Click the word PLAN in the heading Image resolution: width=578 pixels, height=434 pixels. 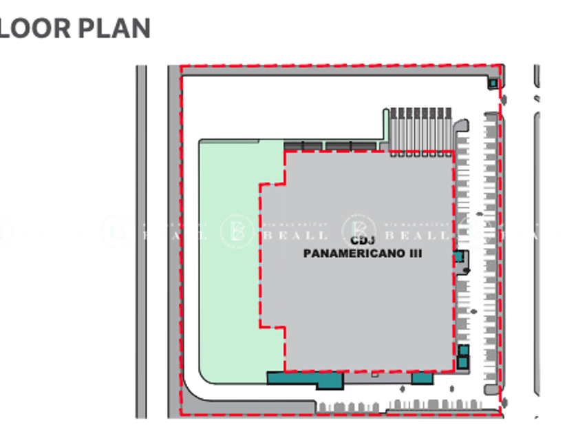(x=114, y=28)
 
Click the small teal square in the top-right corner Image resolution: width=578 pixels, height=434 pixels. (x=493, y=83)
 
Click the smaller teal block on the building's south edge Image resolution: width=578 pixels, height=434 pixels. (x=422, y=378)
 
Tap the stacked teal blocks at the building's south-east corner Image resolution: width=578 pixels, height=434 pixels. (x=463, y=356)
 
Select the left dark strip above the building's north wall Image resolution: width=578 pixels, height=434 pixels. (x=303, y=145)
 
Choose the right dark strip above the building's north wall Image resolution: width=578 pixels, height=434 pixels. (x=351, y=145)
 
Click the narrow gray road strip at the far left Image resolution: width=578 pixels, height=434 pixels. (x=141, y=241)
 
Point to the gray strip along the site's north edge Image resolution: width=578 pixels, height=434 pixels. (x=337, y=70)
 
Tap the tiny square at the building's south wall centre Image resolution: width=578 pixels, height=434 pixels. (x=374, y=375)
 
